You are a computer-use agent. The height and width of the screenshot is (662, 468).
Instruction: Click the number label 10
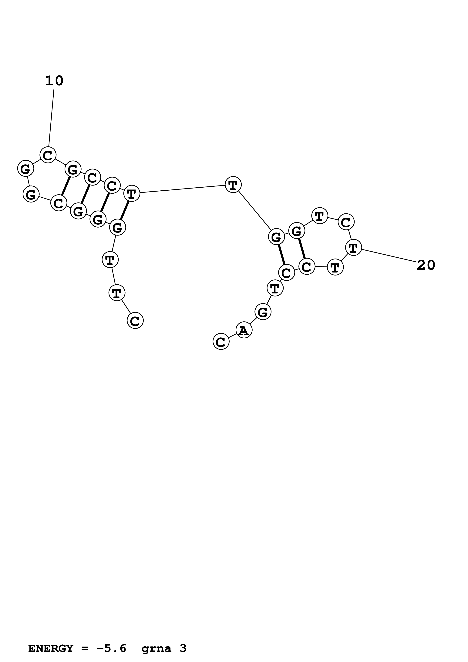[x=54, y=81]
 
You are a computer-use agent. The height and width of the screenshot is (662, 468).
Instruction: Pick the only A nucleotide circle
[x=244, y=330]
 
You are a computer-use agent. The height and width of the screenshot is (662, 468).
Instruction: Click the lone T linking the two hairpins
[x=233, y=185]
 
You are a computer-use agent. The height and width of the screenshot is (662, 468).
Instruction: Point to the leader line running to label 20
[x=389, y=256]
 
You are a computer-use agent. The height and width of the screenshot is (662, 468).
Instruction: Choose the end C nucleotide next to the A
[x=221, y=342]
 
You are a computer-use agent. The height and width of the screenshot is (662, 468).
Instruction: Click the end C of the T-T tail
[x=135, y=321]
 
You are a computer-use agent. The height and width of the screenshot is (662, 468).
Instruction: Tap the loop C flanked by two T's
[x=346, y=222]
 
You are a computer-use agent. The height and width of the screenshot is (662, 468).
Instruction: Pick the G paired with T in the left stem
[x=118, y=227]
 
